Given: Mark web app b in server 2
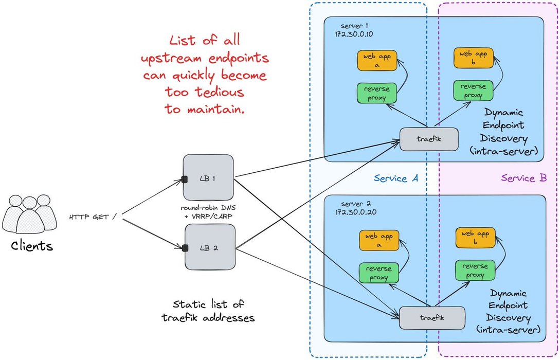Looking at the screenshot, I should [475, 237].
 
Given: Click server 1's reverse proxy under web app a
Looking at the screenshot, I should [377, 93].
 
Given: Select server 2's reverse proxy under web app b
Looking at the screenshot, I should [475, 271].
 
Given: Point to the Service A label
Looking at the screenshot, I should [396, 178].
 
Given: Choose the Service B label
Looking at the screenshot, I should [523, 178].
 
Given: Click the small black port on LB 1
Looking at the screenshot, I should [183, 179].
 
